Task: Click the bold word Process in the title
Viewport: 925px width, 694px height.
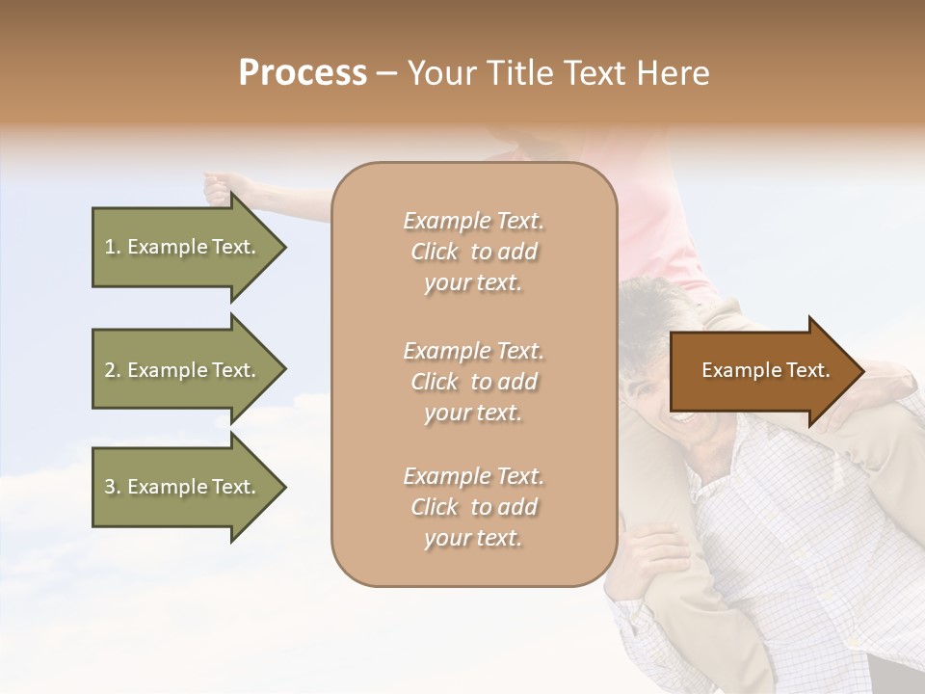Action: pos(303,73)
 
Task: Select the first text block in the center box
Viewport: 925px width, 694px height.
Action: pos(473,252)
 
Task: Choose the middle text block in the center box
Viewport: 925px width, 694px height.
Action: pos(473,382)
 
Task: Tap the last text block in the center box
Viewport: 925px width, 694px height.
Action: pos(473,507)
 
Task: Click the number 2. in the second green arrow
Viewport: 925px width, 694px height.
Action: pos(113,370)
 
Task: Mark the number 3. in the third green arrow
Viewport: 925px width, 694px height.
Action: pos(113,487)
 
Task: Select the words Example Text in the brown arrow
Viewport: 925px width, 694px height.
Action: pos(765,370)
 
